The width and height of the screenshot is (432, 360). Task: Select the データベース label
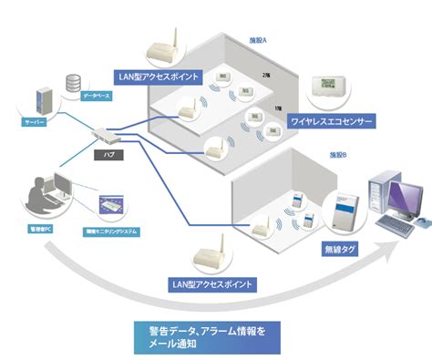(96, 95)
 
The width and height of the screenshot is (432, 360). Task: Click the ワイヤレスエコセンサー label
(332, 120)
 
